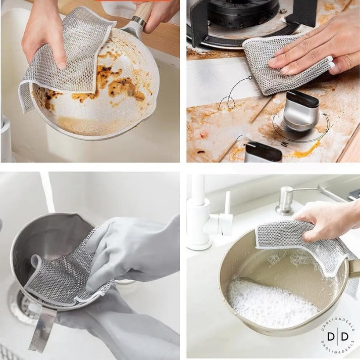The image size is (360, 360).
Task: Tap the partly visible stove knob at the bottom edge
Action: [x=263, y=152]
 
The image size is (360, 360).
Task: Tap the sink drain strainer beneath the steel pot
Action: [x=20, y=303]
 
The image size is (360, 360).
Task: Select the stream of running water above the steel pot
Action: [x=47, y=192]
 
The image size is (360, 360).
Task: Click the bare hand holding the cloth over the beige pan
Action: [x=328, y=220]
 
